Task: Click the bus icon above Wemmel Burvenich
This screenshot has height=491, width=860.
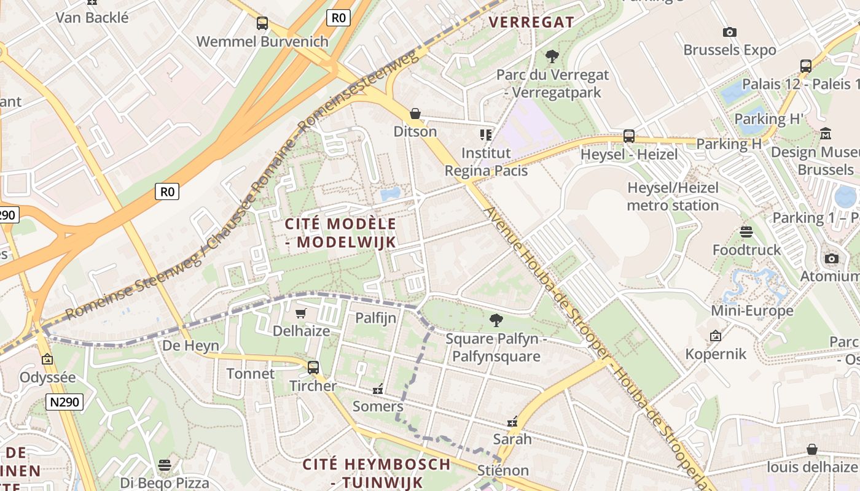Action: pos(262,23)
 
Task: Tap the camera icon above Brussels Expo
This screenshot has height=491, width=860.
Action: pos(730,32)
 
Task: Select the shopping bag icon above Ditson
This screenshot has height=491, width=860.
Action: pos(415,114)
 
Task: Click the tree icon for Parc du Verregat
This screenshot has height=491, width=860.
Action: pos(552,56)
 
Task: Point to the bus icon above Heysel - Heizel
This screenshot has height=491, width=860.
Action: pos(628,136)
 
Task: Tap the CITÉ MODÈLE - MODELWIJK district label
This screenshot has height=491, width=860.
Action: pos(341,233)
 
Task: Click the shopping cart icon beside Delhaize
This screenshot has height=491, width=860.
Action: pos(301,314)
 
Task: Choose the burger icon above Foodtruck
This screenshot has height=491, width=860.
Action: pos(746,232)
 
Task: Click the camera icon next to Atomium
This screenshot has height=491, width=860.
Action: pos(832,258)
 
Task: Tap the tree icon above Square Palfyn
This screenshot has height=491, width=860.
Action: pos(496,320)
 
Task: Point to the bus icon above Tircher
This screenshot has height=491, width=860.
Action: pos(313,368)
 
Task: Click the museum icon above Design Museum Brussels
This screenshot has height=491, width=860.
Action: pos(826,133)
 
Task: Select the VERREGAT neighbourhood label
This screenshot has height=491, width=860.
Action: pos(531,22)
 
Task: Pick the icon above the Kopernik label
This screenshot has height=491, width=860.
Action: pos(715,336)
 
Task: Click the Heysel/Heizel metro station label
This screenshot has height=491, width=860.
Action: pos(673,196)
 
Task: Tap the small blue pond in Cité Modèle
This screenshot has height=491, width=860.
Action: pos(390,195)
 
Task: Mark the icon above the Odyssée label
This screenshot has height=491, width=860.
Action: pos(47,359)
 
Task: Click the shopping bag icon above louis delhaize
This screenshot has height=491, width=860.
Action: pos(811,449)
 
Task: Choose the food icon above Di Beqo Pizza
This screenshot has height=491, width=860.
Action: pos(164,465)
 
